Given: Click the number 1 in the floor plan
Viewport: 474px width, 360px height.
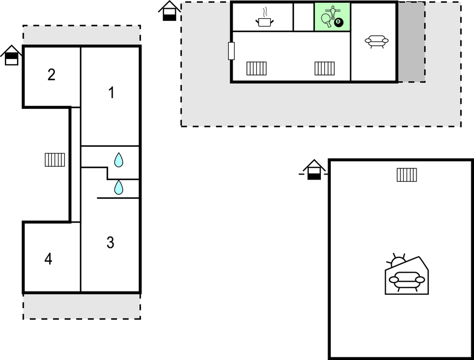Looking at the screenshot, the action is pyautogui.click(x=112, y=92).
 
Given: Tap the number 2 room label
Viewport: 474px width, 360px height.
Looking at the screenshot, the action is pyautogui.click(x=51, y=75).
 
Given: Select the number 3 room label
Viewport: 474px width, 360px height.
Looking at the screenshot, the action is pyautogui.click(x=110, y=242).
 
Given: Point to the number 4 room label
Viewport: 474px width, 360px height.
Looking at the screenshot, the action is pyautogui.click(x=49, y=259).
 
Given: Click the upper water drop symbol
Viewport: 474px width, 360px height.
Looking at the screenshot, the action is pyautogui.click(x=118, y=160).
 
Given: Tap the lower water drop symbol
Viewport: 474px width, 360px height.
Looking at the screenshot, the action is pyautogui.click(x=118, y=187).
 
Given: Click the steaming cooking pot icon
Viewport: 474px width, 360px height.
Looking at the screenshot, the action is pyautogui.click(x=265, y=18).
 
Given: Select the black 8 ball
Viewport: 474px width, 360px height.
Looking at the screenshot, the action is pyautogui.click(x=339, y=22).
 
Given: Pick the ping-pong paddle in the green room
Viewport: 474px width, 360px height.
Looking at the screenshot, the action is pyautogui.click(x=326, y=20).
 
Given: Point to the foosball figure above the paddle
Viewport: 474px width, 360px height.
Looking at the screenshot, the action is pyautogui.click(x=333, y=12).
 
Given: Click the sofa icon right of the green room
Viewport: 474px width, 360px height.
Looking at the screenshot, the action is pyautogui.click(x=377, y=41).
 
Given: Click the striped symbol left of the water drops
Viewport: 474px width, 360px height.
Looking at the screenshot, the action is pyautogui.click(x=55, y=160).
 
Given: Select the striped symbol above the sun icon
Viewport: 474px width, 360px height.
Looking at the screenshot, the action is pyautogui.click(x=407, y=175).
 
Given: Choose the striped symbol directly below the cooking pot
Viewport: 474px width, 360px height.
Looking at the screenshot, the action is pyautogui.click(x=256, y=68).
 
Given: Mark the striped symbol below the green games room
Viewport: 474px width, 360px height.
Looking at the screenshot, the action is pyautogui.click(x=324, y=68).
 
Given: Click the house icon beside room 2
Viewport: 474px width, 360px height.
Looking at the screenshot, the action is pyautogui.click(x=11, y=55).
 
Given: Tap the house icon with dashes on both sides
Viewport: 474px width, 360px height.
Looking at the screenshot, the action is pyautogui.click(x=314, y=170).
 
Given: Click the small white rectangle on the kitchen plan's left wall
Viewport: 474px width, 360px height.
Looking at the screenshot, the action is pyautogui.click(x=231, y=51).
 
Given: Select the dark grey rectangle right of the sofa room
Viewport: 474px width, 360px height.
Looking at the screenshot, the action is pyautogui.click(x=412, y=41).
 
